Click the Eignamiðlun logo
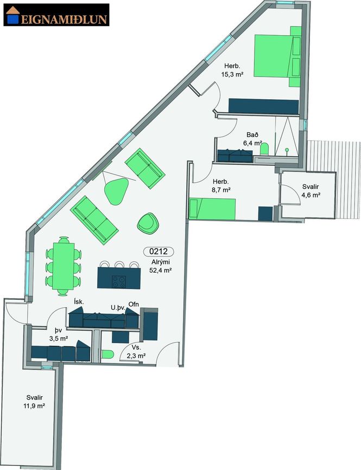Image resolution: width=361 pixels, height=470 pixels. [56, 15]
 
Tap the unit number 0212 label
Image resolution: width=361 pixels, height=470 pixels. [159, 252]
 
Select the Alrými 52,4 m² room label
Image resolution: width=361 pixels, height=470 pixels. [161, 266]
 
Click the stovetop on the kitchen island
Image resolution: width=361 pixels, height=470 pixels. [119, 281]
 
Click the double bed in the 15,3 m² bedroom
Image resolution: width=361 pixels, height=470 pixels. [277, 56]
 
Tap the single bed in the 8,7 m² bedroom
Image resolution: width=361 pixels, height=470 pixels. [212, 209]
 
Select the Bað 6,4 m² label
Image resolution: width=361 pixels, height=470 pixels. [252, 139]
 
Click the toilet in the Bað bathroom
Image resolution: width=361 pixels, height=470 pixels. [264, 149]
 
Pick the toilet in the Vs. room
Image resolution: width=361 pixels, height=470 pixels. [107, 355]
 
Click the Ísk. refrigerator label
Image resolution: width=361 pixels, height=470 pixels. [79, 301]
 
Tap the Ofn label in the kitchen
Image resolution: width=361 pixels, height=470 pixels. [134, 304]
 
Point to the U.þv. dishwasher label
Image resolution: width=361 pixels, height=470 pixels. [118, 307]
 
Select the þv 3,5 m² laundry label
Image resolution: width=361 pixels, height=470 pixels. [58, 334]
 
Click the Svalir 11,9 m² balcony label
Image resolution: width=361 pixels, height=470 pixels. [34, 402]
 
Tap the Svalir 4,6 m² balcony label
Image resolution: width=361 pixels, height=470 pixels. [311, 191]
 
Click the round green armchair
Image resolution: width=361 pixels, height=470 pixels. [148, 223]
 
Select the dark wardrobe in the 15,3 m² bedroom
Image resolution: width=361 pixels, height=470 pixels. [263, 106]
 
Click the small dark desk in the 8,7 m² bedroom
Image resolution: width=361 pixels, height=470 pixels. [265, 214]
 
